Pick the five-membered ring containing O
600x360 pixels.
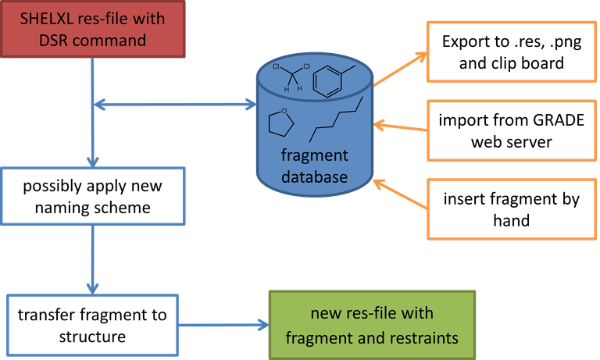279,123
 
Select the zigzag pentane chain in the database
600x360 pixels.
337,116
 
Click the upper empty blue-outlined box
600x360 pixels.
93,194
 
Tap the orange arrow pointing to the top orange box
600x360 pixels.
400,68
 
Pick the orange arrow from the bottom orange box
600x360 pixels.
400,195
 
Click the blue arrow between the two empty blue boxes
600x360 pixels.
93,258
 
